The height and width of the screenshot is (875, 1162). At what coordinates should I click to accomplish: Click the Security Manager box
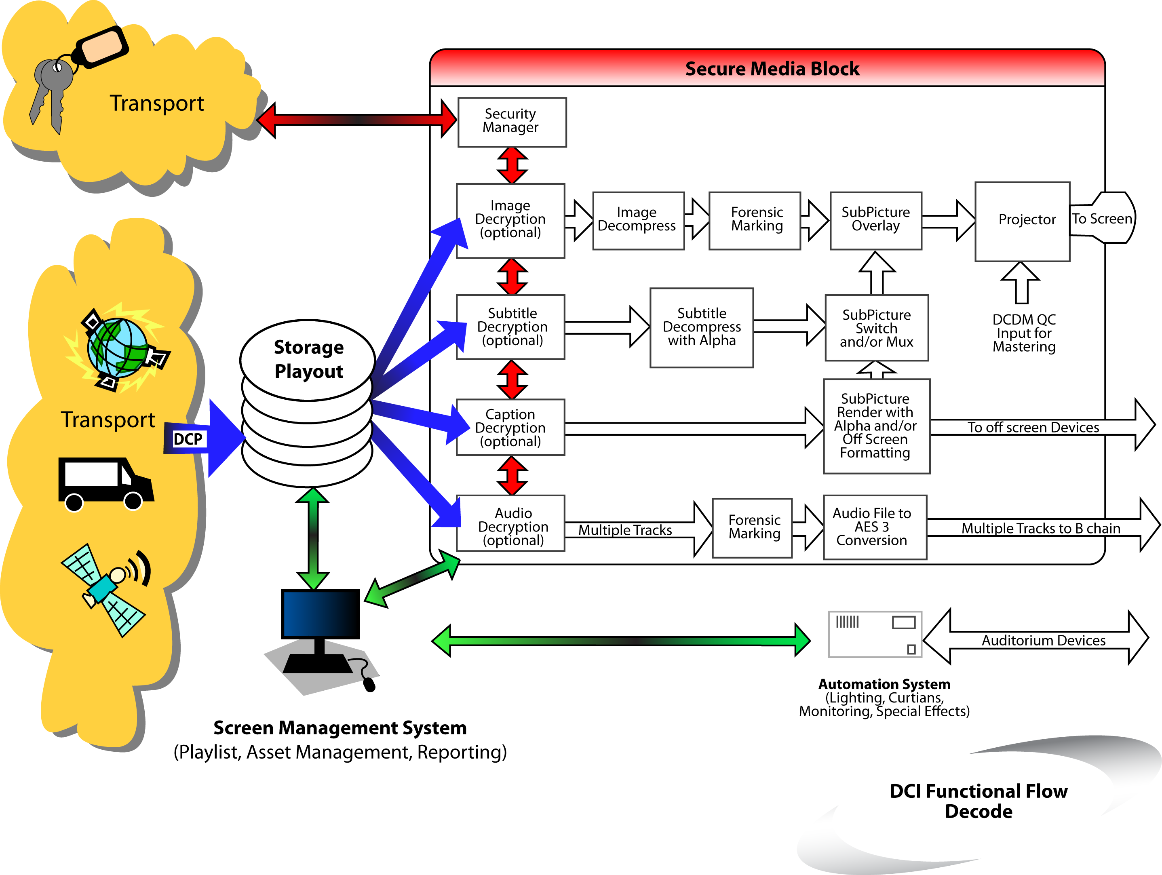coord(512,122)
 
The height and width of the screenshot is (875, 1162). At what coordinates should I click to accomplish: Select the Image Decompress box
coord(638,220)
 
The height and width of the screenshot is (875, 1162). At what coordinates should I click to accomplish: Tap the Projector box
coord(1022,221)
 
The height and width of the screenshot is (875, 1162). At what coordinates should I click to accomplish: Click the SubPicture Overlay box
coord(875,220)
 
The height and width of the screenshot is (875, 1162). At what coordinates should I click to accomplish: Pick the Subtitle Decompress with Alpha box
coord(701,327)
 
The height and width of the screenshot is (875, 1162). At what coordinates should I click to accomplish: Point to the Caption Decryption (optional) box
coord(510,427)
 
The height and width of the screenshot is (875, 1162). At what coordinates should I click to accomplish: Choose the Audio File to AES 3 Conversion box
coord(874,527)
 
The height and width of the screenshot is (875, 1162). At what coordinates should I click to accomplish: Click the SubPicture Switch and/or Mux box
coord(876,328)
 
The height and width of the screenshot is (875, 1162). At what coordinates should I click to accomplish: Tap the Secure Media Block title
coord(772,69)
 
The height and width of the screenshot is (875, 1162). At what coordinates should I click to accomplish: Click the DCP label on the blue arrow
coord(188,439)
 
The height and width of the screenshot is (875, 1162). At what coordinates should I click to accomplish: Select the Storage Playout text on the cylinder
coord(308,359)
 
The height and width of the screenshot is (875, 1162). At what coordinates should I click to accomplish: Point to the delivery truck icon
coord(105,483)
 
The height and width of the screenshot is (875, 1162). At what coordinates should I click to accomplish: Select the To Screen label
coord(1102,219)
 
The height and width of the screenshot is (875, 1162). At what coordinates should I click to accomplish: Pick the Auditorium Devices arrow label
coord(1043,640)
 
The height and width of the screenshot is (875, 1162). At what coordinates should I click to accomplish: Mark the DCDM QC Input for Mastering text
coord(1023,333)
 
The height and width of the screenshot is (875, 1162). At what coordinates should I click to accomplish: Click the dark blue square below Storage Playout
coord(319,614)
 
